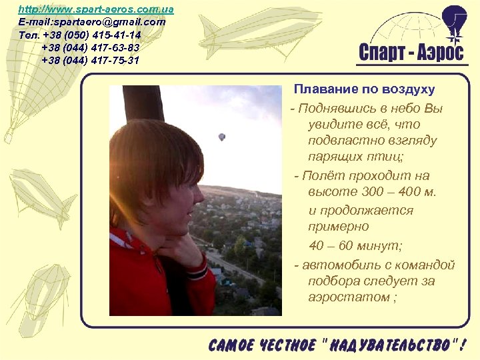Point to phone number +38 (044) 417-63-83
pos(91,47)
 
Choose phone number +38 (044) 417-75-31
pos(91,60)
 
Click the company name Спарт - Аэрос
pos(411,53)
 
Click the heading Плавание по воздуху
pos(365,89)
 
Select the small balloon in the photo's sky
pos(222,137)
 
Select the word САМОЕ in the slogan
pos(231,345)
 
